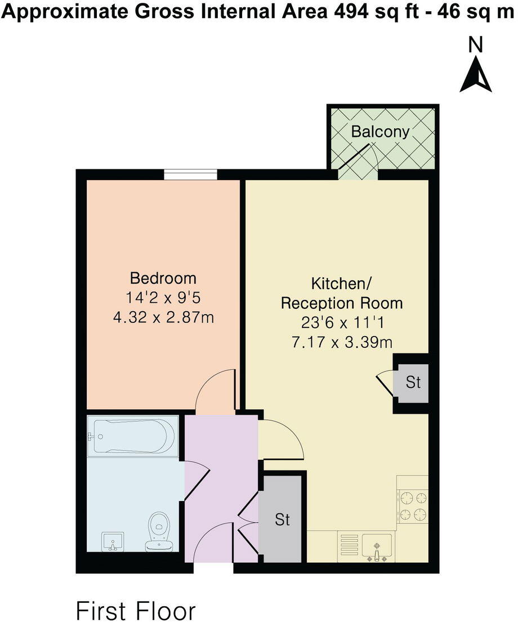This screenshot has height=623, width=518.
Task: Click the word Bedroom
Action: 163,278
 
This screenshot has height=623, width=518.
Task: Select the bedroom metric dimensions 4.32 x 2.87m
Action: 163,317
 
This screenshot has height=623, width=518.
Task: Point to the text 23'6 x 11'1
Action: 342,322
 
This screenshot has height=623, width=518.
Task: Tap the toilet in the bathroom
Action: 159,531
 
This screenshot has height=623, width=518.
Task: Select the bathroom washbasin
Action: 113,543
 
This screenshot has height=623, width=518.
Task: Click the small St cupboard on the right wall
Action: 413,383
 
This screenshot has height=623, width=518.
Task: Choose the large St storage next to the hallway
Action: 283,519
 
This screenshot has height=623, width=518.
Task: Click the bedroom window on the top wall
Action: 190,176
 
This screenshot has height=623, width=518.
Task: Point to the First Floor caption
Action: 136,611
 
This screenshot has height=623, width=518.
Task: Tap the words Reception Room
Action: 342,303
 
